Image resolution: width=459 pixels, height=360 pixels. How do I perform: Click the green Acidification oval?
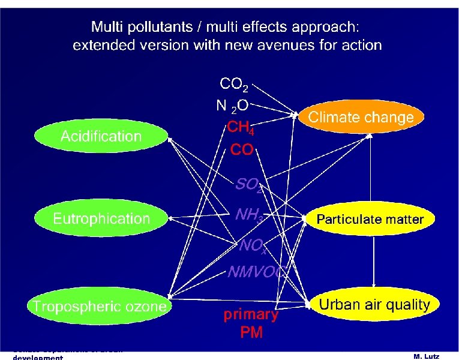(x=101, y=136)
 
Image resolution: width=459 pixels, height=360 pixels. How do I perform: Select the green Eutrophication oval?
(x=101, y=219)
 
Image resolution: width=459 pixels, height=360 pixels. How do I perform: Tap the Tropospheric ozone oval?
(x=100, y=307)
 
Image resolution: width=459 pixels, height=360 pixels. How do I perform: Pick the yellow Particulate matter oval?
(x=370, y=220)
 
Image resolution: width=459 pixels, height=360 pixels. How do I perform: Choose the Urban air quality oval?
(x=374, y=305)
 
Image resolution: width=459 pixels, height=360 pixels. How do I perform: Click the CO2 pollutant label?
(x=234, y=84)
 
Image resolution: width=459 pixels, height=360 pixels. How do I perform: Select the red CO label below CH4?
(x=242, y=150)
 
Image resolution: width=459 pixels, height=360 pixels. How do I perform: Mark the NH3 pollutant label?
(x=248, y=214)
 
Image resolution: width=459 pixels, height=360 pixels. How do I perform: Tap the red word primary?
(x=251, y=315)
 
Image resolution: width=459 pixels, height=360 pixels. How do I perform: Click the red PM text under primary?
(x=251, y=332)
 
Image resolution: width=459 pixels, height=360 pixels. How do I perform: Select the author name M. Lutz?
(x=427, y=356)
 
